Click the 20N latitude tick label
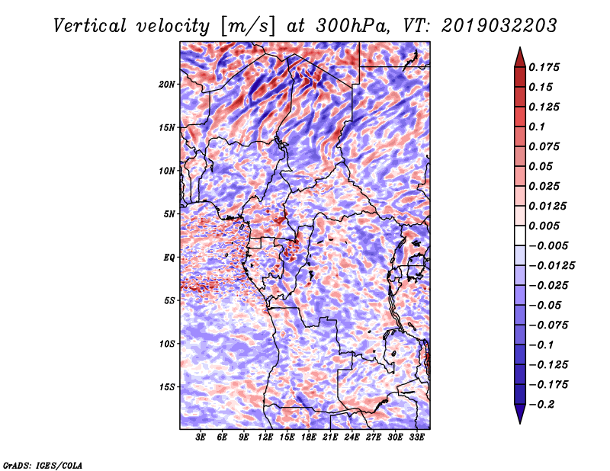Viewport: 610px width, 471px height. [166, 84]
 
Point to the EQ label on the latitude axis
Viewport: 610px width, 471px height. [169, 257]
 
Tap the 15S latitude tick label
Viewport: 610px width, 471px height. [167, 387]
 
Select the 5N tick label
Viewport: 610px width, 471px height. [169, 214]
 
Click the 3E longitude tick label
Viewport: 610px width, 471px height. [201, 437]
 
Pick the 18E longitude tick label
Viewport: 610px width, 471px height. [309, 437]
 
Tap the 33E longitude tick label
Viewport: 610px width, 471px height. [416, 437]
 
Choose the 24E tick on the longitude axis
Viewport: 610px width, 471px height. [352, 437]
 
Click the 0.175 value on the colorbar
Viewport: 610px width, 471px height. [544, 67]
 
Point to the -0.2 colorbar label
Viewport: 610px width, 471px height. [541, 405]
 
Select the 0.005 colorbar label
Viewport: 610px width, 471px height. [544, 226]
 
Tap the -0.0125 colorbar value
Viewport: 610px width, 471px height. [551, 266]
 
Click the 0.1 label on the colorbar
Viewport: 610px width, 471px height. [537, 127]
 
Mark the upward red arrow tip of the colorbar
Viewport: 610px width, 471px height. [520, 47]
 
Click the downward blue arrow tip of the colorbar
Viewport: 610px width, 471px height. [520, 423]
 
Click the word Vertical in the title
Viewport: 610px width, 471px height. [90, 26]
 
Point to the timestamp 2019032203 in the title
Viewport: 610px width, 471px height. [499, 26]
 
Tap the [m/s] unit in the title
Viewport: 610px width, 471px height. [248, 27]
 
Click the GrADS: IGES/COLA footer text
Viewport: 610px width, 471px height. [43, 465]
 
